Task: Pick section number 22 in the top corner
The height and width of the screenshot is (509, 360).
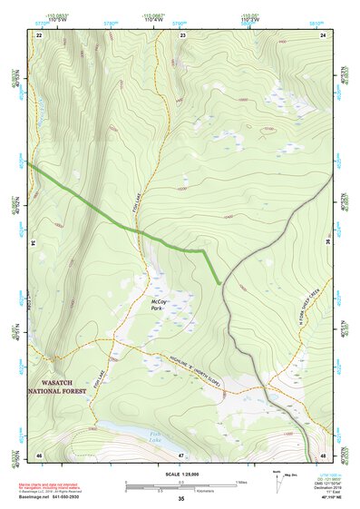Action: tap(40, 34)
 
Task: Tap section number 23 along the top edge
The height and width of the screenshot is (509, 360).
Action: tap(183, 34)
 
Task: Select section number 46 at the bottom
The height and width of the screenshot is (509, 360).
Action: tap(40, 454)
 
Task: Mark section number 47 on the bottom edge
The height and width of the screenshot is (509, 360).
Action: tap(181, 454)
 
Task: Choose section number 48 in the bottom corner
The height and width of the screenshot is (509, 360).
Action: tap(323, 454)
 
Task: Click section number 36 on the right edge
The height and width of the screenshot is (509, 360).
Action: tap(327, 242)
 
